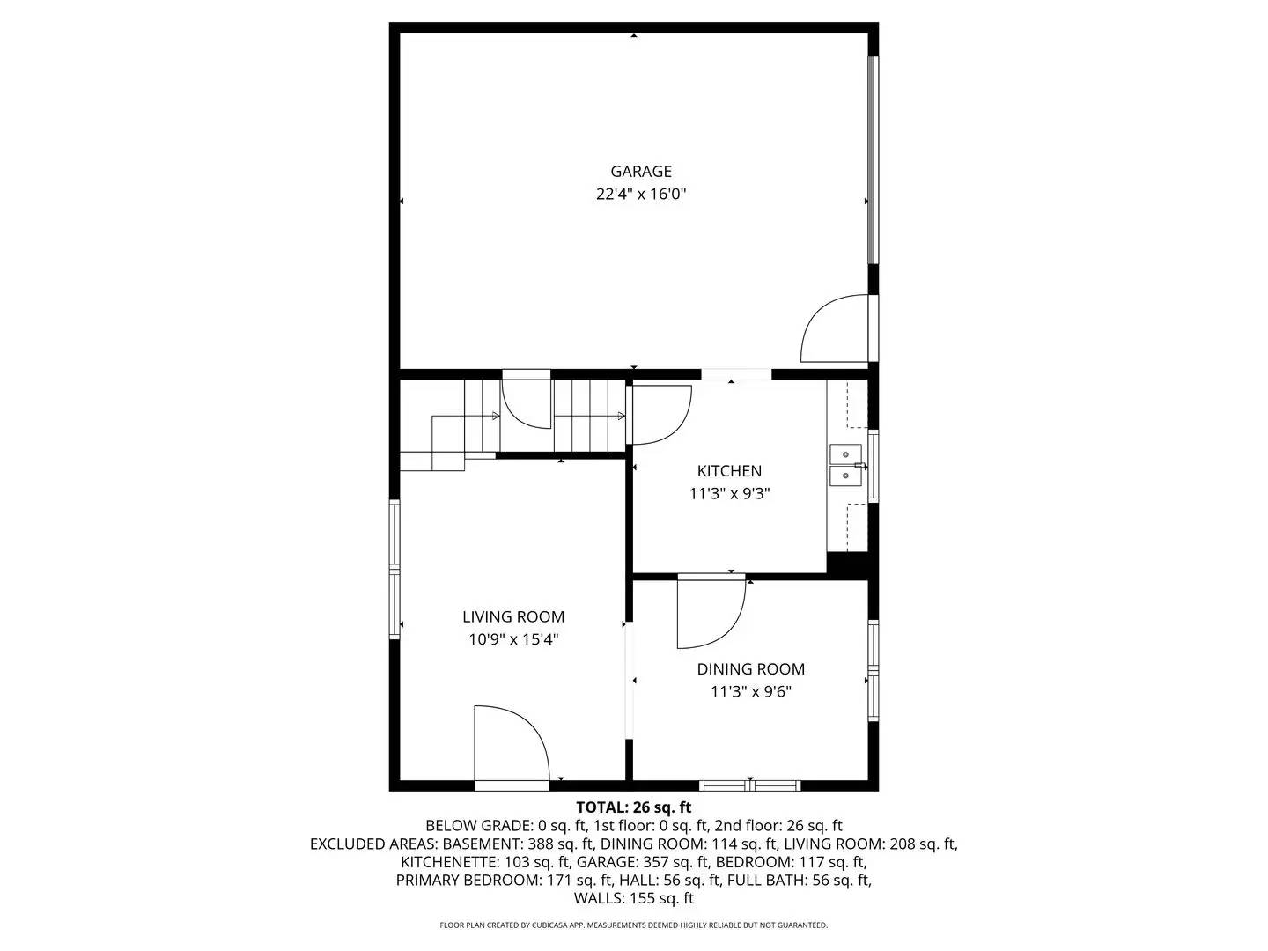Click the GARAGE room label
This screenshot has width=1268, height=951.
point(641,172)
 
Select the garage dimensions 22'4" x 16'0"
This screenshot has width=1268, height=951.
point(641,195)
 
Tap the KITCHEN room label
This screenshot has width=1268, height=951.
point(729,471)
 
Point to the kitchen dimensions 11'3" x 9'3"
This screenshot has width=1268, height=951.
point(729,494)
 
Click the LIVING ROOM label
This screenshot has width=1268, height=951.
point(513,617)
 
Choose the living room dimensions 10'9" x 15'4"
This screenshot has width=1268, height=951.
point(513,640)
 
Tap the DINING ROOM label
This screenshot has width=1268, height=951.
point(750,669)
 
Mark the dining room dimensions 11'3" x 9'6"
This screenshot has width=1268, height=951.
point(750,692)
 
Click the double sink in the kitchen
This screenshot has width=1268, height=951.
point(845,465)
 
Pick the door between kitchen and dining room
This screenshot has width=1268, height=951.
point(709,612)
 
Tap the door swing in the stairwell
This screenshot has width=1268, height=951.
point(526,403)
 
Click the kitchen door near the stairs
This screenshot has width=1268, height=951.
point(660,414)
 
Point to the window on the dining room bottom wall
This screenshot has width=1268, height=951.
point(749,785)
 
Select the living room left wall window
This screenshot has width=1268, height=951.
point(395,569)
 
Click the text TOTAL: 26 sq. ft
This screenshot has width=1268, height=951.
point(633,807)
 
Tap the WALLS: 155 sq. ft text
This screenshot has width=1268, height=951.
point(633,899)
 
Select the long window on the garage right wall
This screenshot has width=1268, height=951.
point(873,160)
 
